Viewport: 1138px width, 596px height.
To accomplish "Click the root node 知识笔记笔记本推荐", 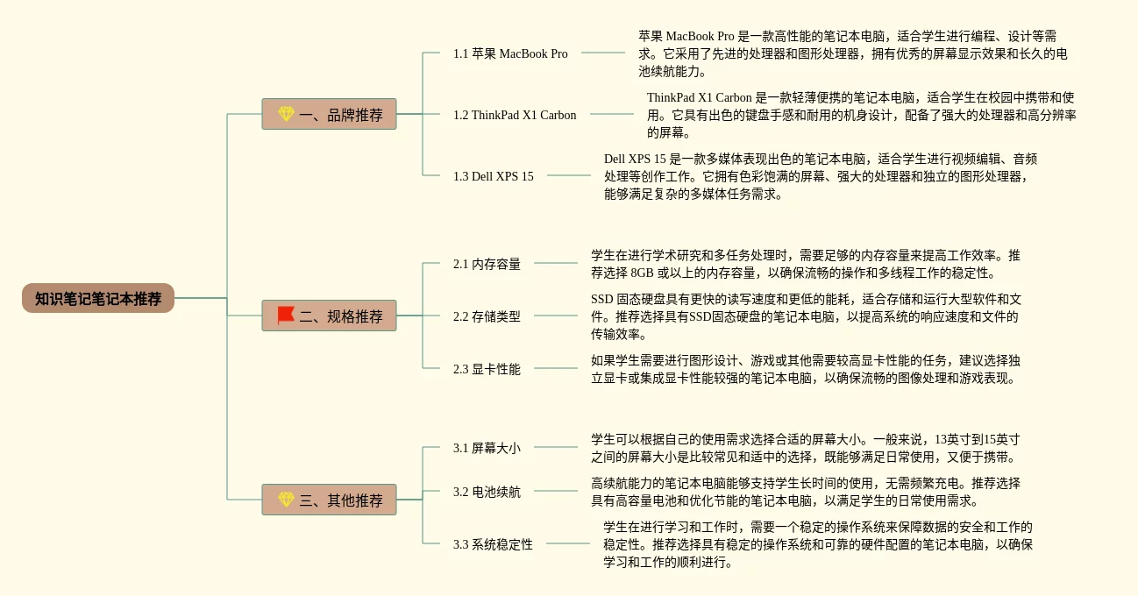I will tap(98, 298).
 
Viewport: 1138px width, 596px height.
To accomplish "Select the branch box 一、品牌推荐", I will tap(329, 114).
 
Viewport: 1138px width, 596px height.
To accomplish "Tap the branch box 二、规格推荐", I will tap(329, 316).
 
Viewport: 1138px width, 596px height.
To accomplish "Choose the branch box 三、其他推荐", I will tap(329, 500).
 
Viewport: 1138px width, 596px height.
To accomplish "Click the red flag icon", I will tap(286, 316).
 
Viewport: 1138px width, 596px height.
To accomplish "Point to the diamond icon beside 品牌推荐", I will tap(286, 114).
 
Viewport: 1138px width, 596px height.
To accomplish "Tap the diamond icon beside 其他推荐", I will tap(286, 500).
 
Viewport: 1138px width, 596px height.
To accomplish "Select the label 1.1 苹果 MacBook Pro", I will tap(510, 53).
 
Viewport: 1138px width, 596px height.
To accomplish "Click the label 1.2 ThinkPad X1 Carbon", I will tap(515, 115).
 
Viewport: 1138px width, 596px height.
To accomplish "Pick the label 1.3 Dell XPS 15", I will tap(493, 176).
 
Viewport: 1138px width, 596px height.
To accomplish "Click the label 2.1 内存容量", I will tap(487, 264).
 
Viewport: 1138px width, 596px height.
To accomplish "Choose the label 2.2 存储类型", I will tap(487, 316).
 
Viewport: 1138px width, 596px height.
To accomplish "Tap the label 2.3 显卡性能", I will tap(487, 369).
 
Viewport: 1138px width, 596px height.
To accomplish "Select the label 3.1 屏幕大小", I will tap(487, 448).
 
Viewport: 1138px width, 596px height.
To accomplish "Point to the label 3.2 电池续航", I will tap(487, 492).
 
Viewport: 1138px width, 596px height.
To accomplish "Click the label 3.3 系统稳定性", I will tap(493, 544).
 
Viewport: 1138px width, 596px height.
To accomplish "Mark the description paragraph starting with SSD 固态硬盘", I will tap(806, 316).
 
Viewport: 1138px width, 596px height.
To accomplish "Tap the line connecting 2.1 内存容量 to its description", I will tap(556, 263).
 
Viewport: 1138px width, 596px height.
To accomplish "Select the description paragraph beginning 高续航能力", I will tap(806, 492).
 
